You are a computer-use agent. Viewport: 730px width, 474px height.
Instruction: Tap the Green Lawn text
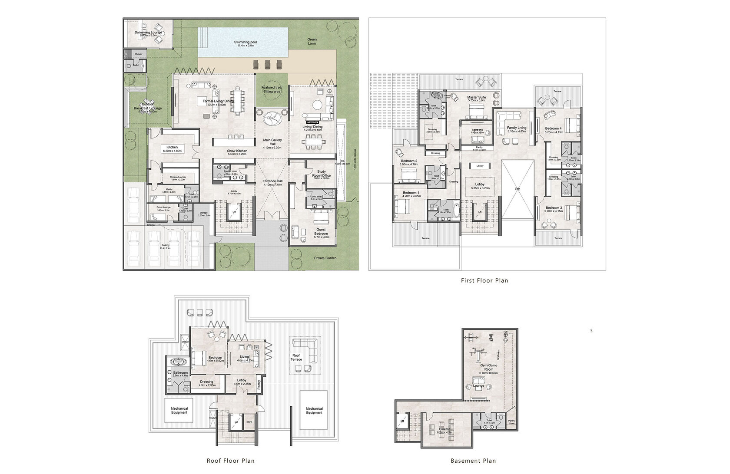tap(312, 41)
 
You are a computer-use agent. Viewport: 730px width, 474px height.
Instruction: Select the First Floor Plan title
tap(484, 280)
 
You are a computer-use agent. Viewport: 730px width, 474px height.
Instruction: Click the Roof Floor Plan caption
tap(230, 461)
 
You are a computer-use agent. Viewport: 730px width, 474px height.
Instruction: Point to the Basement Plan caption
tap(473, 461)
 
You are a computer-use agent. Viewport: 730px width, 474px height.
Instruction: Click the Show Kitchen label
tap(237, 151)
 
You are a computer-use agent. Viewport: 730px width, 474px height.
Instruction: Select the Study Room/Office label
tap(321, 174)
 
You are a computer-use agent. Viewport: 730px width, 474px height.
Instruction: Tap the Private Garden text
tap(325, 258)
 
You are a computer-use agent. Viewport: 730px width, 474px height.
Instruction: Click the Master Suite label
tap(476, 98)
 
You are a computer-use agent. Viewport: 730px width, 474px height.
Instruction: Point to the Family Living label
tap(517, 128)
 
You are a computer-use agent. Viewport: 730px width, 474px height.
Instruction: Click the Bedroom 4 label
tap(554, 128)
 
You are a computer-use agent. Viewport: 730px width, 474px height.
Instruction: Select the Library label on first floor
tap(480, 166)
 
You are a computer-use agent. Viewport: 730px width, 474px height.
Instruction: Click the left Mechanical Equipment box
tap(179, 410)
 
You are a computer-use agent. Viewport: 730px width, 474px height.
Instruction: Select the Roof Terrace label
tap(296, 357)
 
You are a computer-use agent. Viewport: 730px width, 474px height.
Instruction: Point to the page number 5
tap(591, 331)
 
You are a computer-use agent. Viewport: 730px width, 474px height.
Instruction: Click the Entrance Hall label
tap(272, 182)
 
